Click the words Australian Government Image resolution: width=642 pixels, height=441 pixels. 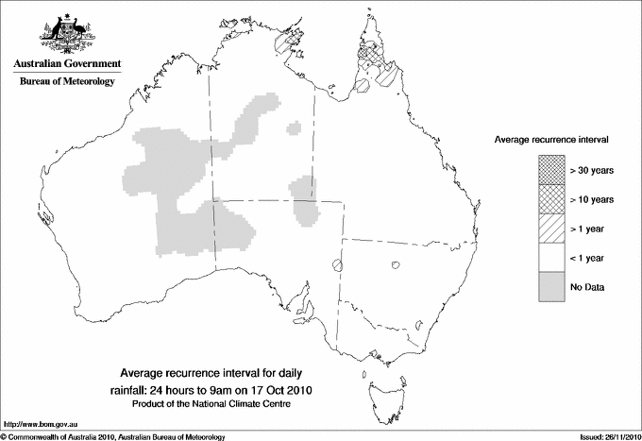[x=67, y=64]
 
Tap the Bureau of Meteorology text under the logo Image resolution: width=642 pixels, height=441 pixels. [x=67, y=81]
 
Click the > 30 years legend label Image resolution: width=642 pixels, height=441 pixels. [x=592, y=170]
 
